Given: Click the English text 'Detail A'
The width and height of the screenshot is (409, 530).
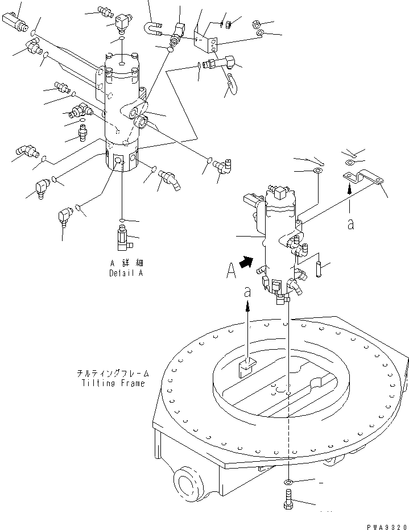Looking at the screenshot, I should (126, 273).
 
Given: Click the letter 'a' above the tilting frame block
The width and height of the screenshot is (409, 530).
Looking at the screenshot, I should (247, 292).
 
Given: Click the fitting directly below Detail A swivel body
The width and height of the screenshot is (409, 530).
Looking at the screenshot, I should (123, 238).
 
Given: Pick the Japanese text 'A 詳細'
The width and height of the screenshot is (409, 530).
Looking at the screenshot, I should (120, 263).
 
